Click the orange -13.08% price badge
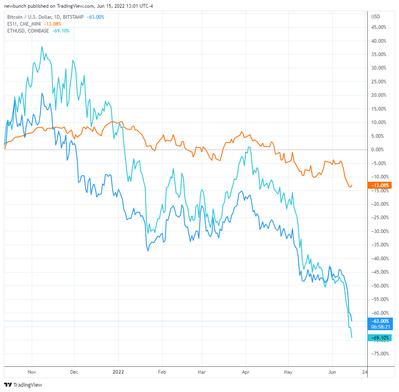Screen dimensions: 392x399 (x=379, y=185)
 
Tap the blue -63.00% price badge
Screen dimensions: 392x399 (x=379, y=321)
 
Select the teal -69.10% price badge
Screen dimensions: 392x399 (x=379, y=338)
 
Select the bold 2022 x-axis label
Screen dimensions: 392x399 (x=118, y=372)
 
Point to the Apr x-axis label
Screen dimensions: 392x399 (x=245, y=372)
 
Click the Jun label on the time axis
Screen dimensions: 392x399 (x=332, y=372)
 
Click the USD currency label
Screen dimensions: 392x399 (x=375, y=17)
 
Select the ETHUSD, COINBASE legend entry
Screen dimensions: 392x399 (x=28, y=31)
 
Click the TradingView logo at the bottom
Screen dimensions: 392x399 (x=23, y=385)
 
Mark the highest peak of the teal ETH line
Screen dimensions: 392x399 (x=42, y=46)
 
